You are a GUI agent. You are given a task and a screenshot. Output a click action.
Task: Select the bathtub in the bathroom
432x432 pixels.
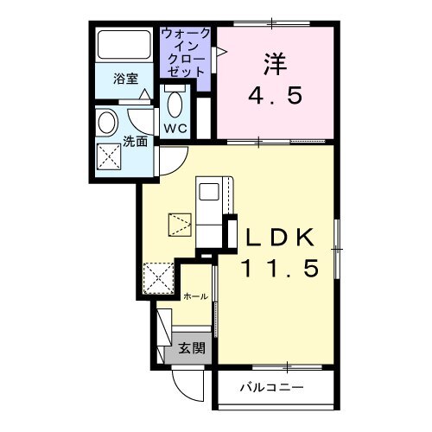123,45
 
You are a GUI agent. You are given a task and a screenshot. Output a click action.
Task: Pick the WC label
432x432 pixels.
175,129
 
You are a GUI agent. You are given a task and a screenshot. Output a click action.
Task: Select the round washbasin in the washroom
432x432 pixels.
108,122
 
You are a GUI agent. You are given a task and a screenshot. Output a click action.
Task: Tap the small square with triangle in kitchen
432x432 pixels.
181,226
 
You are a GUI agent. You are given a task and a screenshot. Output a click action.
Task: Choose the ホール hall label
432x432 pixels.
195,296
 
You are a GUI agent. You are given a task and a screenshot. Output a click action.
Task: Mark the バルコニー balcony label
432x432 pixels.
271,387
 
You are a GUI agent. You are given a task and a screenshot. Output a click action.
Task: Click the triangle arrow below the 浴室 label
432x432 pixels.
148,92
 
